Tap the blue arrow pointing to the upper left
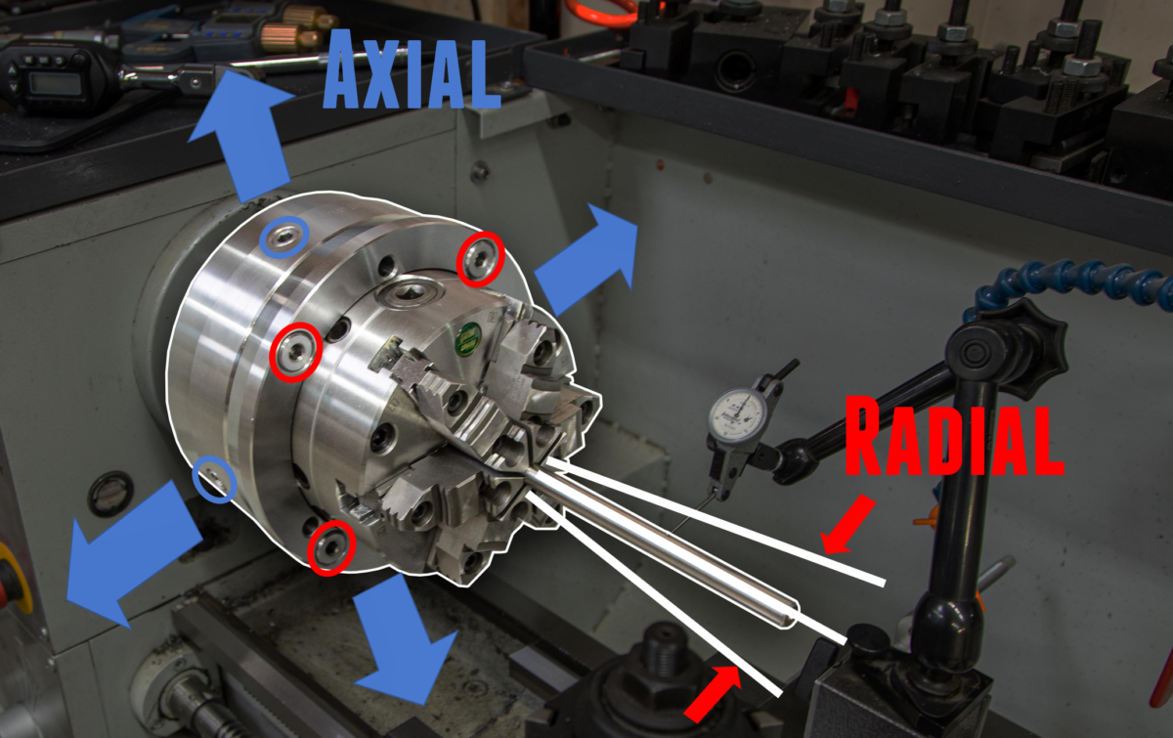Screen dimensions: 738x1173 [x=239, y=132]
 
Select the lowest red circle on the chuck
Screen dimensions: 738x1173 [x=330, y=546]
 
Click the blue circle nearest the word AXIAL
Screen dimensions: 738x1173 [x=283, y=237]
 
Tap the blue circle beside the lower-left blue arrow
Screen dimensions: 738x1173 [x=215, y=479]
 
